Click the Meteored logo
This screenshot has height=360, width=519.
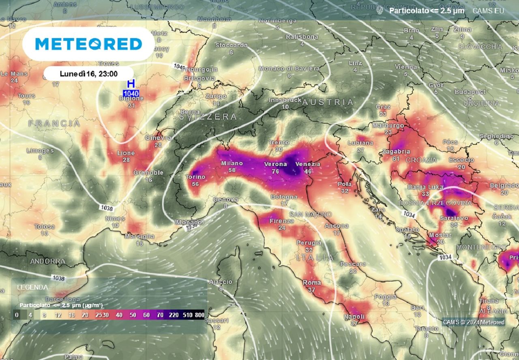(x=88, y=44)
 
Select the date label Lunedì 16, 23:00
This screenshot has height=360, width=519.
(x=88, y=74)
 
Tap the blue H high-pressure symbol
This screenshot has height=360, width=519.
(x=131, y=84)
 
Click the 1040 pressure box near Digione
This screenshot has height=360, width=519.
(x=131, y=94)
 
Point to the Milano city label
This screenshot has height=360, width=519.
(x=232, y=163)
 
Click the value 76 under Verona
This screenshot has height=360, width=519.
(x=275, y=171)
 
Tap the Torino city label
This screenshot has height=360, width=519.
(x=195, y=177)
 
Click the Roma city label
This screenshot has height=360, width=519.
(x=312, y=283)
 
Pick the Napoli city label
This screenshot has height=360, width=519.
(x=354, y=317)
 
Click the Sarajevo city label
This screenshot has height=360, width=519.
(x=454, y=218)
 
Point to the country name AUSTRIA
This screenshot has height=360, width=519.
(x=328, y=102)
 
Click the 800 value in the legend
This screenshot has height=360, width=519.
(x=199, y=315)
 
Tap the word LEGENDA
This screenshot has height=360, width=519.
(x=32, y=287)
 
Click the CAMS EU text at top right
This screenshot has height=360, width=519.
(x=488, y=11)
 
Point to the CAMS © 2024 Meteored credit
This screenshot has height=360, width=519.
(x=474, y=322)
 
